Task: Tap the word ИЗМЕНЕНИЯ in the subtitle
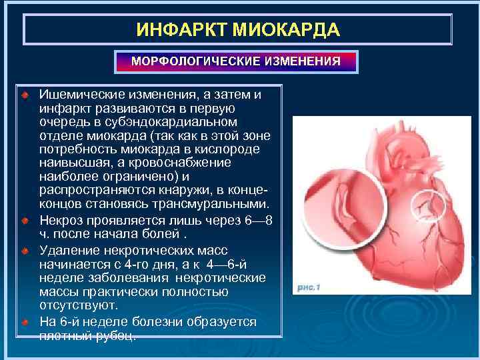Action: [302, 61]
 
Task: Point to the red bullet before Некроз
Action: [25, 219]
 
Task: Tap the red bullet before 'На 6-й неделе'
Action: [25, 322]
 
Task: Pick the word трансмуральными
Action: [213, 203]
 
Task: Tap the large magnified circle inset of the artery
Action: [337, 207]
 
